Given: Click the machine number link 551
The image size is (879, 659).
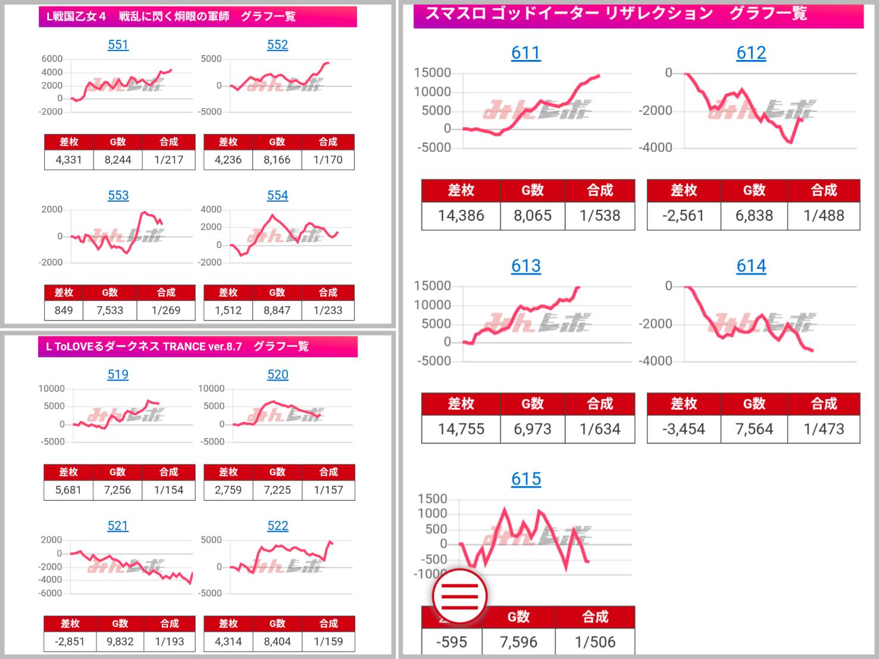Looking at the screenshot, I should click(x=118, y=45).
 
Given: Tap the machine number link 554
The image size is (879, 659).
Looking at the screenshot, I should click(x=277, y=195).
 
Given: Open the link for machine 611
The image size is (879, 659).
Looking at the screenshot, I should click(x=525, y=53).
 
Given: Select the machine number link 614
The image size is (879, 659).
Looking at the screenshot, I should click(x=751, y=266).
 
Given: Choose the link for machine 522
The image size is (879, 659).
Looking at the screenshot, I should click(x=277, y=526).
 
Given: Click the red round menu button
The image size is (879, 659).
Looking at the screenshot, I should click(x=459, y=595).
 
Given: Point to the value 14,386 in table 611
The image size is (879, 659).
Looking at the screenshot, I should click(x=461, y=215).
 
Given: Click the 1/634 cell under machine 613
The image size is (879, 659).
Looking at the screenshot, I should click(x=599, y=429).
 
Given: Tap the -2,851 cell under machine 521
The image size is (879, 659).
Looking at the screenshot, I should click(x=70, y=642).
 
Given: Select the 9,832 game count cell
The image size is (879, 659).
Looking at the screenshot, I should click(x=120, y=642).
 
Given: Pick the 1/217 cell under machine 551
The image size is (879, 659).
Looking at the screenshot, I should click(x=168, y=159).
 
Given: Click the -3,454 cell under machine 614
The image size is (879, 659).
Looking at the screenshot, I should click(x=683, y=429).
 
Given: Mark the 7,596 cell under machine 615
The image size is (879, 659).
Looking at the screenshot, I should click(x=518, y=642).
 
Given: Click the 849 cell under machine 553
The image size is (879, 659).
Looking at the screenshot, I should click(x=64, y=310).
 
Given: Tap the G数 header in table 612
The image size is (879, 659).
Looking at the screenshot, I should click(x=753, y=190).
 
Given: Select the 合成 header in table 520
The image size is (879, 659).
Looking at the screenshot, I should click(x=328, y=472).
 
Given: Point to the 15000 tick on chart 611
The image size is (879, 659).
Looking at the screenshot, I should click(x=433, y=73).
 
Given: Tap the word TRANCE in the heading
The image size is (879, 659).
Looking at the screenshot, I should click(x=184, y=347).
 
